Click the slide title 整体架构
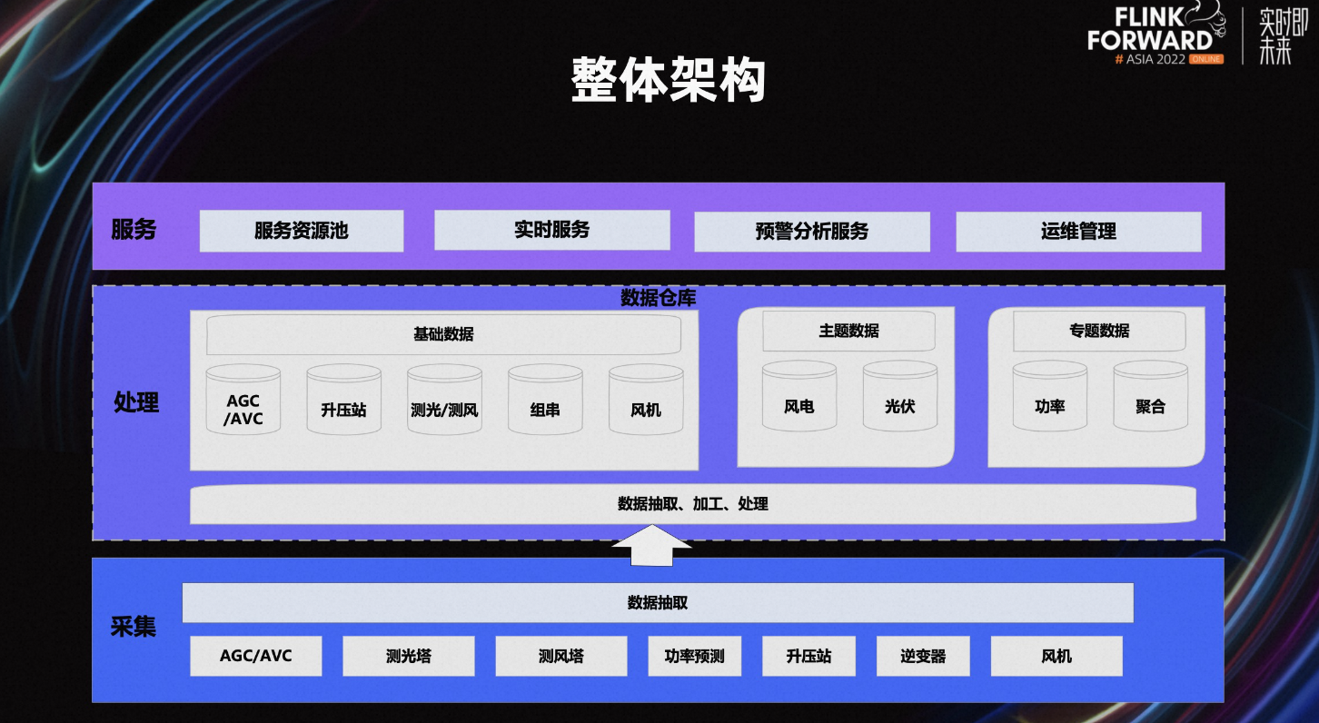[669, 80]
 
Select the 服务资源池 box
[302, 231]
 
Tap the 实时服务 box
[552, 230]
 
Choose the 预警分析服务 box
[812, 232]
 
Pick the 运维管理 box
[1079, 232]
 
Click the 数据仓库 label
[659, 298]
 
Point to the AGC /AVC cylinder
[243, 400]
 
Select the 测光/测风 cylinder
[444, 400]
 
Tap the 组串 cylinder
[545, 400]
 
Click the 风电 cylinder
[799, 396]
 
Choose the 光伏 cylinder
[899, 396]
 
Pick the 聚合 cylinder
[1151, 396]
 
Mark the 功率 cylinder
[1050, 396]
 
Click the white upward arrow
[652, 546]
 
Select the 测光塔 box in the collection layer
[409, 656]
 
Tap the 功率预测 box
[695, 656]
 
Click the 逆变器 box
[923, 656]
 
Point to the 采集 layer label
[133, 627]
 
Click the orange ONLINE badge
[1206, 59]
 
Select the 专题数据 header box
[1099, 331]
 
